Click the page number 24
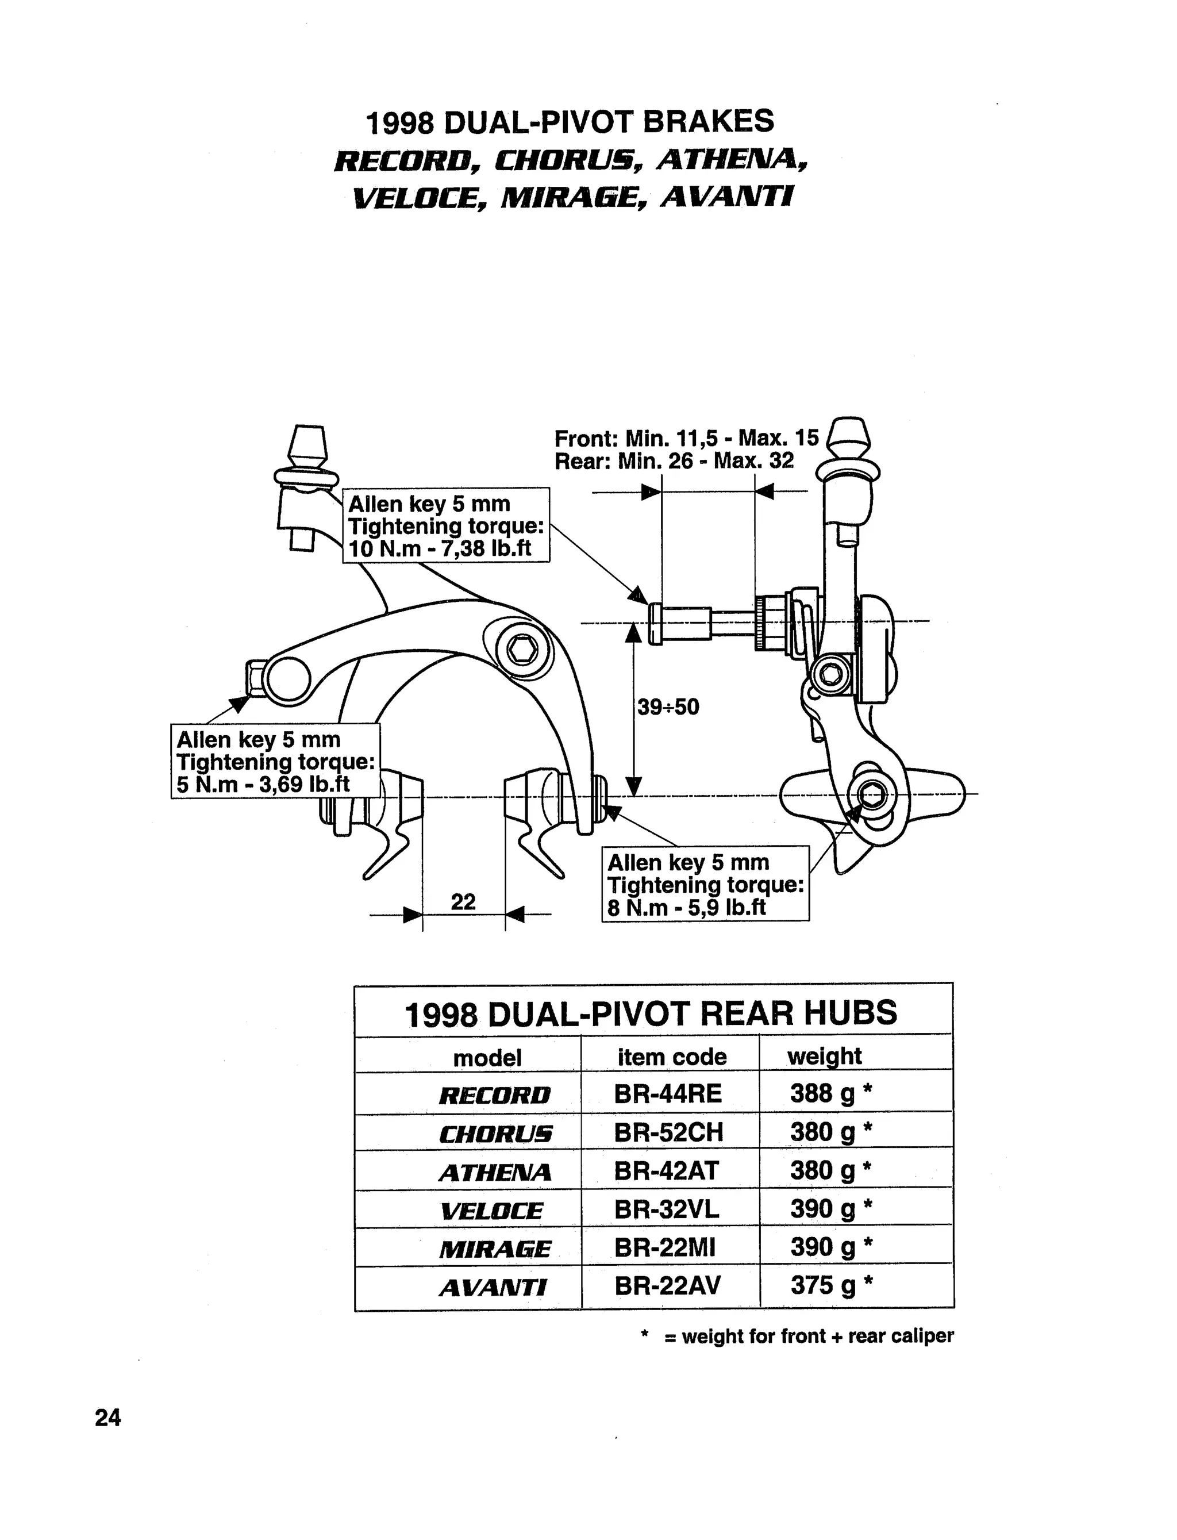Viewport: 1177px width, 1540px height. [x=108, y=1418]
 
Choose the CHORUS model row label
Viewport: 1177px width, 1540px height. [x=495, y=1134]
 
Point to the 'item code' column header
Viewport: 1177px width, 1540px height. [x=672, y=1057]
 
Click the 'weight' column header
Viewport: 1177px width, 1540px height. [x=824, y=1056]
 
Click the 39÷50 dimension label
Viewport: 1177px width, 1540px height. [x=668, y=707]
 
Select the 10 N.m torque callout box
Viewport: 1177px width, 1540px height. [x=447, y=525]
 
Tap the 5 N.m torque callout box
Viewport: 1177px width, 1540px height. [x=275, y=762]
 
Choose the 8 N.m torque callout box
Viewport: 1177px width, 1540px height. [x=706, y=884]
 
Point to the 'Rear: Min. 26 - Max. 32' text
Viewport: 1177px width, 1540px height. [x=674, y=461]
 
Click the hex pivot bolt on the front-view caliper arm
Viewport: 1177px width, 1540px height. [x=521, y=651]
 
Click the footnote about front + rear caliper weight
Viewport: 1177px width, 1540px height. [x=798, y=1336]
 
